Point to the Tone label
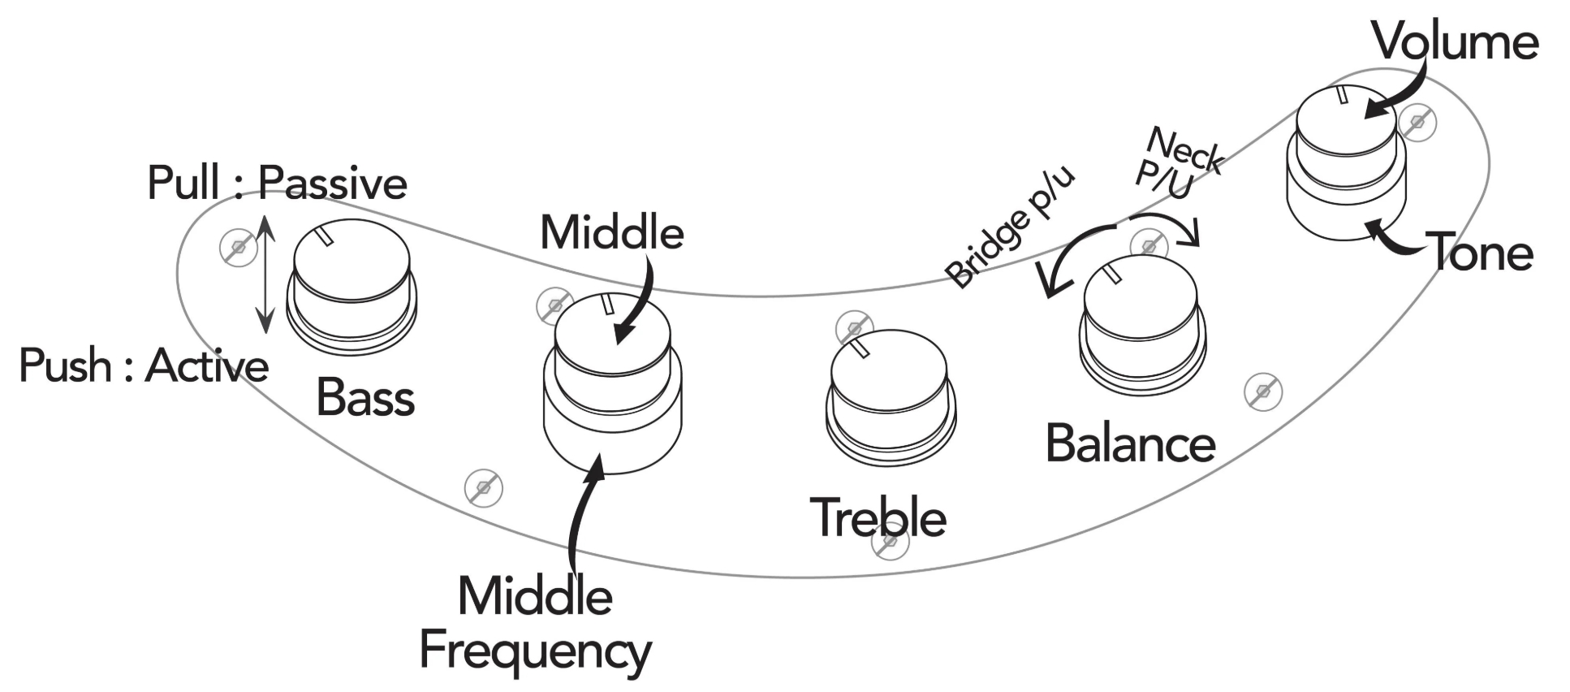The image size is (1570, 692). (x=1482, y=252)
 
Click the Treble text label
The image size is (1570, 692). (x=878, y=517)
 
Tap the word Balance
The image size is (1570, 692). (x=1130, y=444)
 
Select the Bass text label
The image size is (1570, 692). (x=365, y=398)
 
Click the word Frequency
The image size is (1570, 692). (x=535, y=651)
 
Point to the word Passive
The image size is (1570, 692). (x=333, y=183)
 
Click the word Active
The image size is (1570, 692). (x=207, y=365)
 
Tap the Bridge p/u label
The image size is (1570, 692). (x=1011, y=227)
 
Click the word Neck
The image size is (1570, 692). (x=1185, y=150)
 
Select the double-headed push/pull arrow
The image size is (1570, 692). (x=265, y=274)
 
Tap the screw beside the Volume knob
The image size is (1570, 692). (x=1417, y=123)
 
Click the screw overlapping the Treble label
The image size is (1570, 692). (x=890, y=541)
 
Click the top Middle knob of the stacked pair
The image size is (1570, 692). (x=612, y=333)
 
